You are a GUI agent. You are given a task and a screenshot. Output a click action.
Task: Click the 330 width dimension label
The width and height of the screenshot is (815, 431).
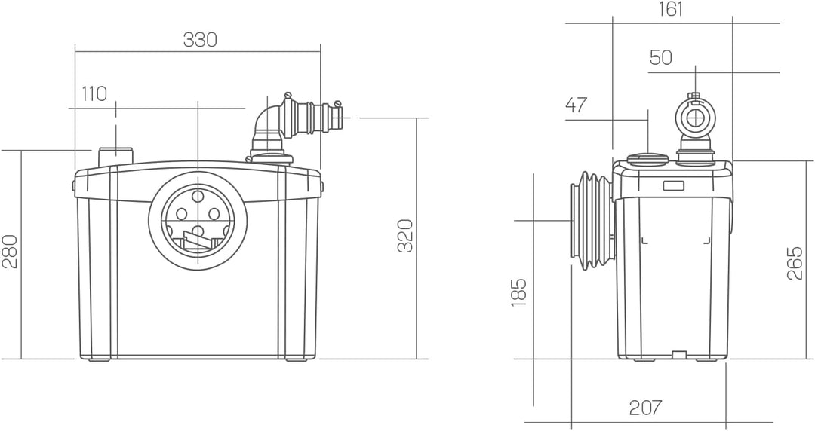(200, 40)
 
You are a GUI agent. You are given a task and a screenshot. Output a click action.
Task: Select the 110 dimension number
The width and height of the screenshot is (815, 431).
(94, 93)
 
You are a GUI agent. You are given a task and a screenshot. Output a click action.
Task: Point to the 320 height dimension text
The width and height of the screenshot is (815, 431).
(405, 236)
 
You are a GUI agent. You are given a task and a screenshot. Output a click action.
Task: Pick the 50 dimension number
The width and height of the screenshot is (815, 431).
(660, 58)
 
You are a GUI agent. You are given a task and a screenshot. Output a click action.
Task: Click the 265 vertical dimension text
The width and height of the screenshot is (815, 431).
(795, 263)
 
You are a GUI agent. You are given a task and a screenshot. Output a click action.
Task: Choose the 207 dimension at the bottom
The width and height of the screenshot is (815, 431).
(645, 408)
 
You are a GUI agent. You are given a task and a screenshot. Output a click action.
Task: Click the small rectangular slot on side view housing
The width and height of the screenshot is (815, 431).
(673, 185)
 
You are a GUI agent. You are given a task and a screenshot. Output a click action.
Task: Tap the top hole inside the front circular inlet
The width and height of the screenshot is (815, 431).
(198, 197)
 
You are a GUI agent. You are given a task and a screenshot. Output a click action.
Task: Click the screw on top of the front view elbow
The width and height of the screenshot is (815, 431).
(287, 96)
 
